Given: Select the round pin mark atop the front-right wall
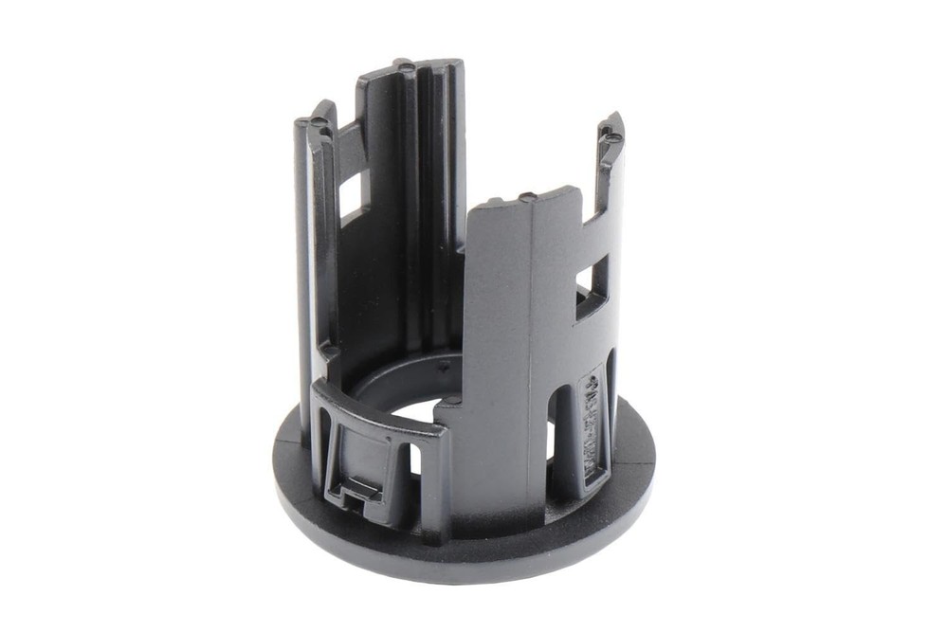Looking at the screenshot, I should click(x=526, y=196).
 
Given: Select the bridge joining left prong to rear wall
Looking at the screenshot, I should click(x=348, y=142).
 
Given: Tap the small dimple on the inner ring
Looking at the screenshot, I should click(x=443, y=364).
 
